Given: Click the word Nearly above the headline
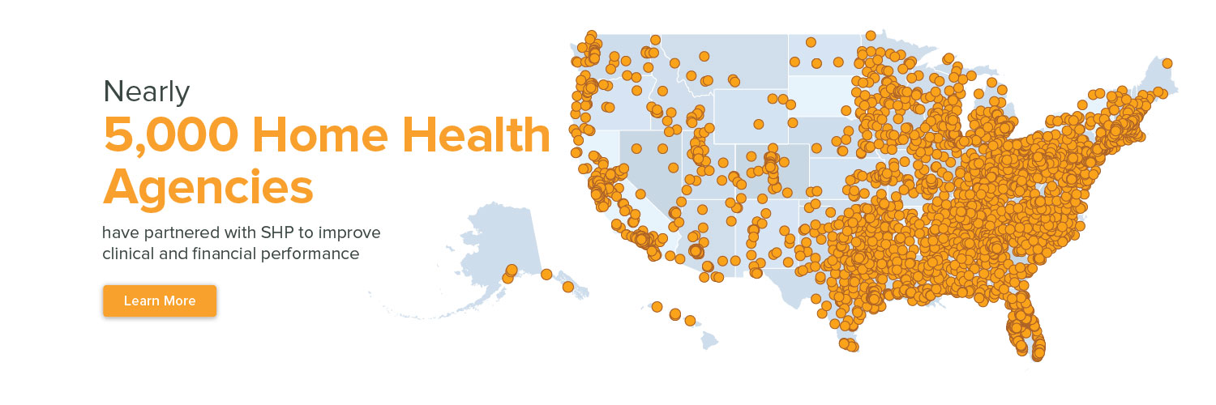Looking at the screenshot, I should [x=146, y=92].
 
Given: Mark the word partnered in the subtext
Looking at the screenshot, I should [x=173, y=233].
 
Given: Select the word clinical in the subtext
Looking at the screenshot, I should [x=128, y=254].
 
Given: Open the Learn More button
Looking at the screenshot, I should [x=160, y=301].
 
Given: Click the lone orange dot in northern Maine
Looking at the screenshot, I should [x=1167, y=63].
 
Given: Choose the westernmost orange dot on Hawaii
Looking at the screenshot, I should [x=657, y=307].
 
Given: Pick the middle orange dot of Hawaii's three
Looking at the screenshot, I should [x=674, y=314].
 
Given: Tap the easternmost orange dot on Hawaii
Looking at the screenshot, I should [x=690, y=320].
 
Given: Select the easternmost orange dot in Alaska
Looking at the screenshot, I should [x=567, y=287].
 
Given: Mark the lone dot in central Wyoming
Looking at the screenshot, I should [x=758, y=124].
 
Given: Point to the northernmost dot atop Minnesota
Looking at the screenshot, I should [x=870, y=36].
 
